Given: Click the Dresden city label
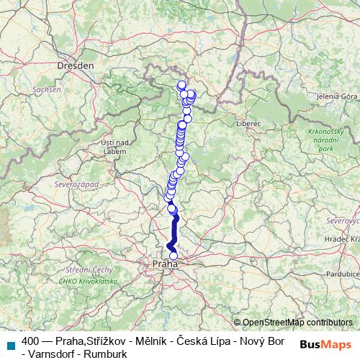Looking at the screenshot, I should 76,65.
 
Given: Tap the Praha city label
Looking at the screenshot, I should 165,265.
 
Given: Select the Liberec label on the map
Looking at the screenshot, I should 248,124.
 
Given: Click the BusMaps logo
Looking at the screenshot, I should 325,343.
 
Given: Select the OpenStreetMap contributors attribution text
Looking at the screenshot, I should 297,322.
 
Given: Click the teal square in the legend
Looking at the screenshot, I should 9,343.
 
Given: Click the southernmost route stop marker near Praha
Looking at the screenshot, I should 173,256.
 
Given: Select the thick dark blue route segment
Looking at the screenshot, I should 174,230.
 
